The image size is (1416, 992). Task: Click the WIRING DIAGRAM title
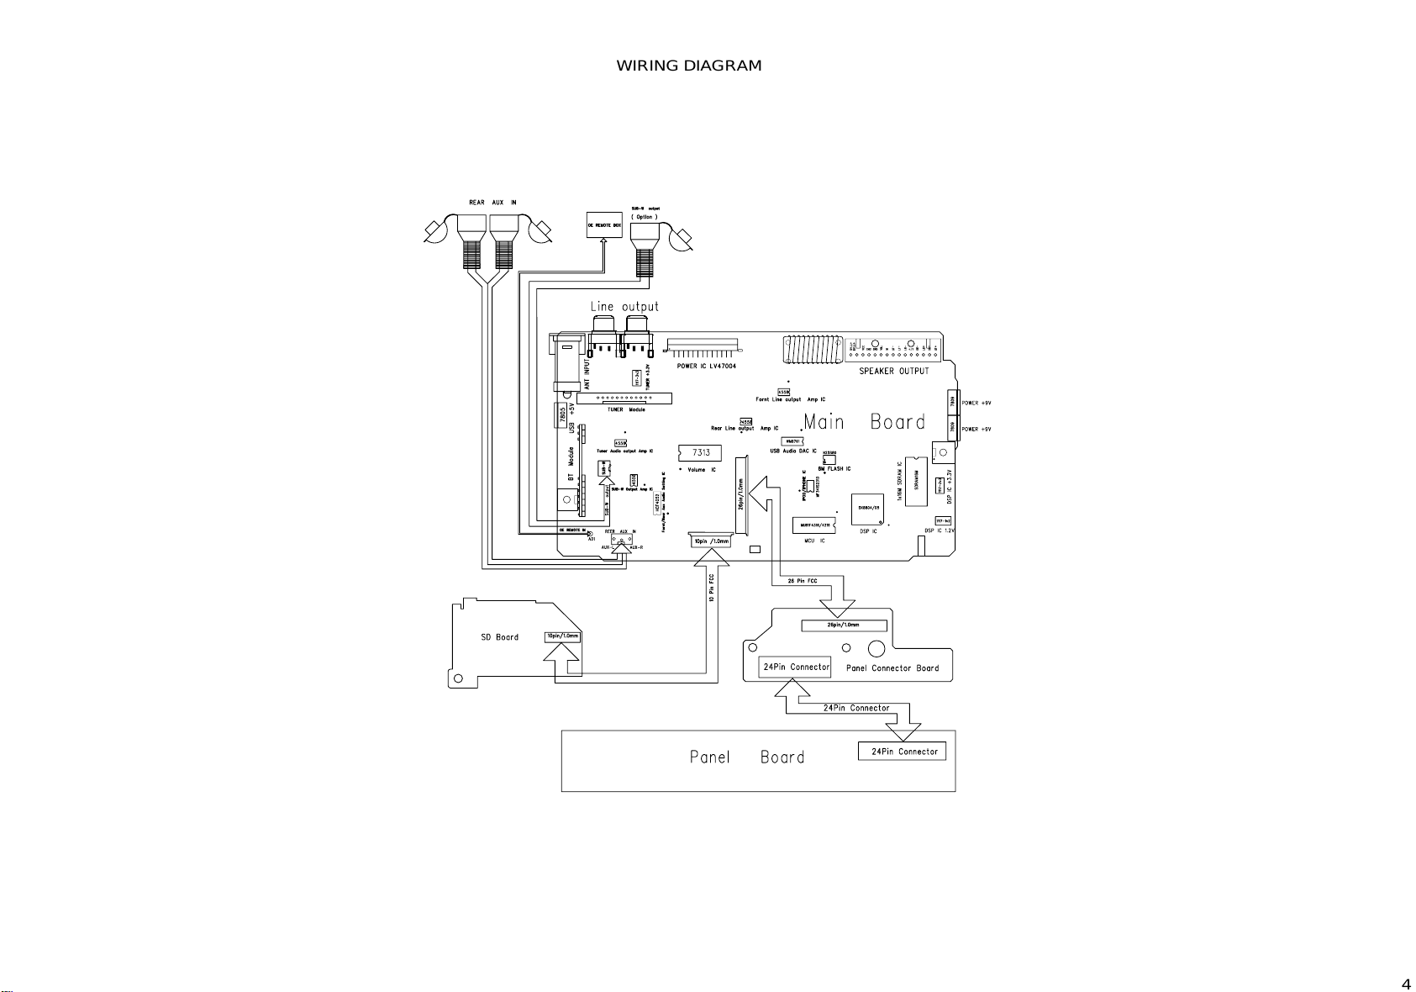(689, 66)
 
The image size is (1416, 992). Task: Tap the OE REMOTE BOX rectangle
(604, 224)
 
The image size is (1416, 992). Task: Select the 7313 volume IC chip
(700, 452)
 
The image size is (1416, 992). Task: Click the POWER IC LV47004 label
(706, 367)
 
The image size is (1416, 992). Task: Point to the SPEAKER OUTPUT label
(894, 371)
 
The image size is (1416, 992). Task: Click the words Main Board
(864, 422)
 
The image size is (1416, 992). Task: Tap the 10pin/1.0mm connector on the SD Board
(561, 636)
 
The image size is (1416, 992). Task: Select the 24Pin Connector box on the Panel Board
(902, 752)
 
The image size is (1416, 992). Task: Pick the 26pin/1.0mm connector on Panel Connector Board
(844, 625)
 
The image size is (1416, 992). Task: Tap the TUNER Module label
(626, 409)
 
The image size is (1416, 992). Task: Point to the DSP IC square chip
(868, 508)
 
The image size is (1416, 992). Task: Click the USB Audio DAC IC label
(793, 451)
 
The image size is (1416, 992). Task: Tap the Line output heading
(624, 307)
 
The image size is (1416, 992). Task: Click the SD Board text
(499, 637)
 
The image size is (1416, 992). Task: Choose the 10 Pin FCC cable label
(712, 598)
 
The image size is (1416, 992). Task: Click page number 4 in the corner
(1405, 984)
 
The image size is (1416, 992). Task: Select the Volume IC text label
(702, 469)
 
